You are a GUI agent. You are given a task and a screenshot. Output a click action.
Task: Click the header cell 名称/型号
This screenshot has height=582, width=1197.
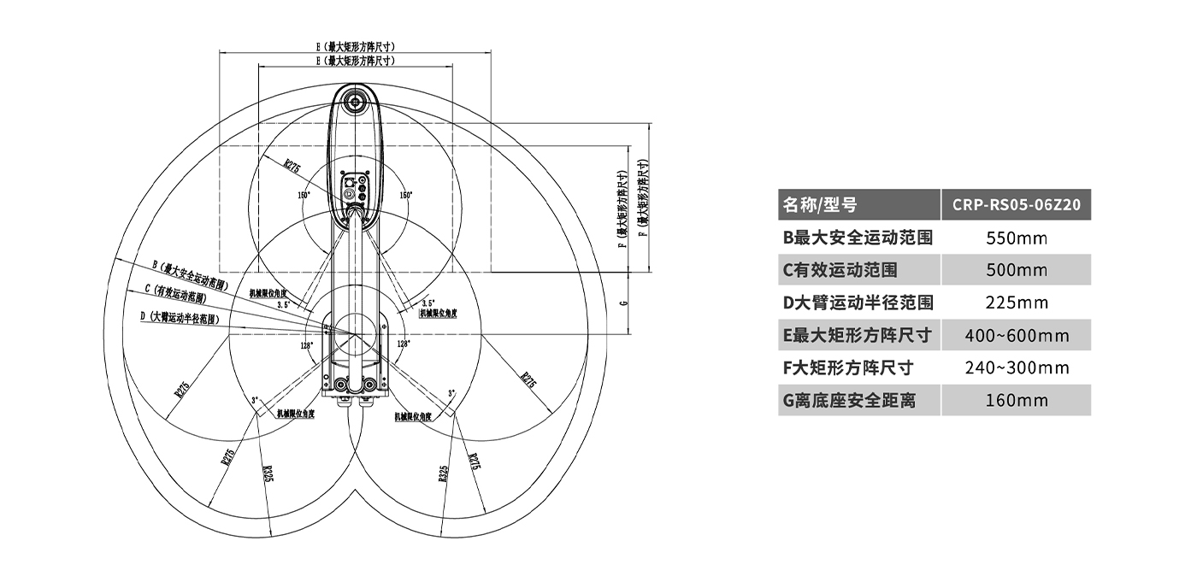tap(820, 205)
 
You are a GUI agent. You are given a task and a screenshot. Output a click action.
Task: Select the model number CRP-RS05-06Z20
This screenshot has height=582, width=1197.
tap(1016, 205)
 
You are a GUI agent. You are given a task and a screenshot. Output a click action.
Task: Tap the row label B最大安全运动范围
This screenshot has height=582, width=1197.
tap(858, 238)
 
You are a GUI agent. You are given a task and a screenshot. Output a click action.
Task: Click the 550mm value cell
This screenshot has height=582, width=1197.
tap(1016, 238)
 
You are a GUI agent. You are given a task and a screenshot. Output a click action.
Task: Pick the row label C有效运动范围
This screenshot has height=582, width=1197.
tap(840, 270)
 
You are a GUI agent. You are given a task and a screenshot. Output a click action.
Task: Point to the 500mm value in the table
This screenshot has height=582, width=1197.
tap(1016, 270)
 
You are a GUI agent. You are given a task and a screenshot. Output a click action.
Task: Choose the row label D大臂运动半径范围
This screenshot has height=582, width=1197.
tap(858, 303)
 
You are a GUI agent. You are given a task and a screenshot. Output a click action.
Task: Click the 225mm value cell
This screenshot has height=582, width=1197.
tap(1016, 303)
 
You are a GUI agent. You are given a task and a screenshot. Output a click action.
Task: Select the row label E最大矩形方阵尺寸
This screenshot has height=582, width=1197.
tap(857, 335)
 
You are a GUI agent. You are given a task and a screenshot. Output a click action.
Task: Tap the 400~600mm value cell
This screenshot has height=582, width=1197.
tap(1016, 335)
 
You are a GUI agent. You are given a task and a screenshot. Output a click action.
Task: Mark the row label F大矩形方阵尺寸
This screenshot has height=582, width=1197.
tap(848, 367)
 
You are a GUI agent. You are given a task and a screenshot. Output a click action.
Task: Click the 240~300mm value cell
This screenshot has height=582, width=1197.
tap(1016, 367)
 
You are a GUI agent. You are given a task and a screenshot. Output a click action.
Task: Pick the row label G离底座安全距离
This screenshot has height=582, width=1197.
tap(849, 400)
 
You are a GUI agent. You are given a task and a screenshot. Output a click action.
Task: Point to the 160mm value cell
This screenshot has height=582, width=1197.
tap(1016, 400)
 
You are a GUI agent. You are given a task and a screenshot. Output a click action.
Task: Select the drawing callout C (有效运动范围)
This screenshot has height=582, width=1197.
tap(175, 294)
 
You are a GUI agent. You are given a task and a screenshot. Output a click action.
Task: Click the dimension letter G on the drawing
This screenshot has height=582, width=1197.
tap(623, 303)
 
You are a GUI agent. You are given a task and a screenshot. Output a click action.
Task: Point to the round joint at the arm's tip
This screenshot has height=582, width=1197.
tap(353, 102)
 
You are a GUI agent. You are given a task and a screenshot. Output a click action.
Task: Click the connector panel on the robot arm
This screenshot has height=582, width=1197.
tap(353, 191)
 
